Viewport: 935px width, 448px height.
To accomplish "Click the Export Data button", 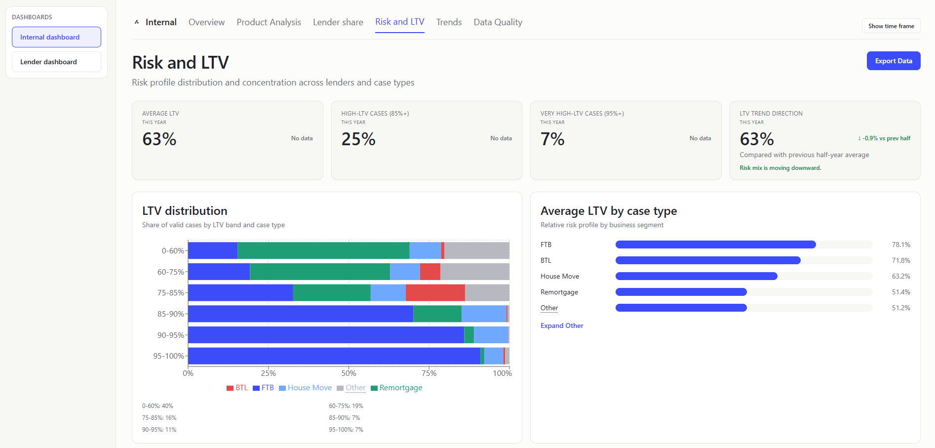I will click(x=893, y=61).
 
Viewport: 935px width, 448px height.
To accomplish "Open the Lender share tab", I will click(x=338, y=22).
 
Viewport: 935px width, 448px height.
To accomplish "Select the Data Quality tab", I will click(x=498, y=22).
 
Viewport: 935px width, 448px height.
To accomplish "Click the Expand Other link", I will click(x=561, y=326).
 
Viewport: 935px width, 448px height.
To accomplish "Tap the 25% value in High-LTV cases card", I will click(x=358, y=139).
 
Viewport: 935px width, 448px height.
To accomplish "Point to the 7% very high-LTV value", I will click(x=552, y=139).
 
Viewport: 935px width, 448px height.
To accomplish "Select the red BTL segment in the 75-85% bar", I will click(x=435, y=292).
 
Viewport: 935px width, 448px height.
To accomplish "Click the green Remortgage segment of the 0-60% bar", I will click(x=323, y=250).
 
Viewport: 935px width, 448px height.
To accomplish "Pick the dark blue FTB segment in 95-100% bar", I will click(x=334, y=356).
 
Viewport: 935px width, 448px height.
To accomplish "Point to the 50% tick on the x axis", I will click(x=349, y=373).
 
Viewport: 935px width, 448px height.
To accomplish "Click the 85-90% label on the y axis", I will click(x=170, y=314).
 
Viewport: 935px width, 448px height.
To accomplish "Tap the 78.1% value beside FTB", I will click(x=900, y=244).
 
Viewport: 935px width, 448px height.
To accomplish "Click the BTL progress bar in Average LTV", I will click(x=707, y=260).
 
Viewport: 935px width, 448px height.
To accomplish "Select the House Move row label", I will click(x=559, y=276).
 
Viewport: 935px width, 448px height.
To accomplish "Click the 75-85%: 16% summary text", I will click(x=159, y=418).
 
